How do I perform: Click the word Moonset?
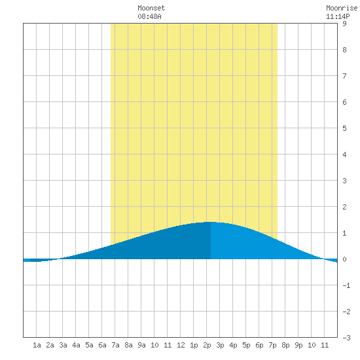pos(151,8)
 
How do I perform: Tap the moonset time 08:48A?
pos(149,16)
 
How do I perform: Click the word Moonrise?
pos(342,8)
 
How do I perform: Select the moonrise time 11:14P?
pos(338,16)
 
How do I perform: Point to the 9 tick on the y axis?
pos(344,24)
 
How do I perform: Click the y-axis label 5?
pos(344,128)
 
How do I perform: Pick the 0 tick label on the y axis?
pos(344,259)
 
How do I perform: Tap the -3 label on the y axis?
pos(346,338)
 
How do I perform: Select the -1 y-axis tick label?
pos(346,285)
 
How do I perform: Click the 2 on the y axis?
pos(344,207)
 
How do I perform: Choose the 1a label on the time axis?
pos(37,345)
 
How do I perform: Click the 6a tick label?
pos(102,345)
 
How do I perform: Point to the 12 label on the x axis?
pos(181,345)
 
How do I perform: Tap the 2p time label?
pos(207,345)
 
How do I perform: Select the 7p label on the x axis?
pos(272,345)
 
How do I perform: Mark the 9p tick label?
pos(298,345)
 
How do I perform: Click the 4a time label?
pos(76,345)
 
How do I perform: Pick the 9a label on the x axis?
pos(141,345)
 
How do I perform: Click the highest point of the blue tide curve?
pos(211,222)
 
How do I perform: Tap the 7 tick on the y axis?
pos(344,76)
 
